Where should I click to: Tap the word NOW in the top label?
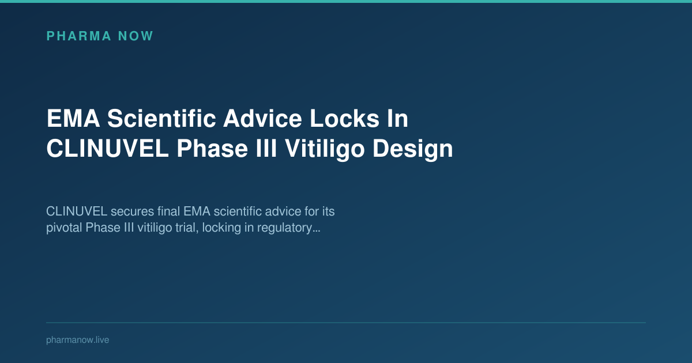pos(136,36)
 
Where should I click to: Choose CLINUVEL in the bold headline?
pos(107,149)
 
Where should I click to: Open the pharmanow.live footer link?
pos(77,340)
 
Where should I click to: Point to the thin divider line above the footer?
pos(346,323)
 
